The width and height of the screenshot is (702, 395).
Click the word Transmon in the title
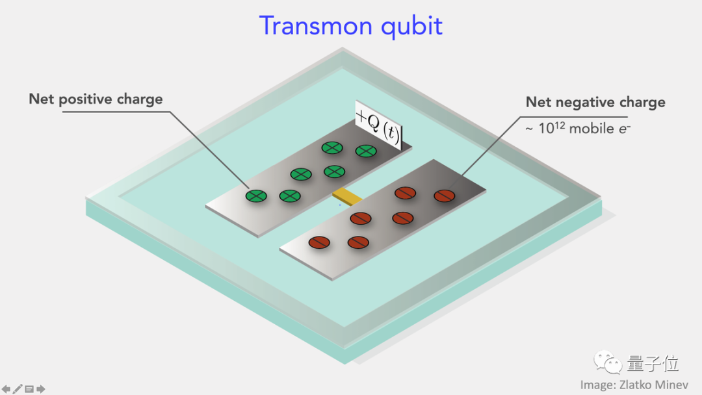pos(310,26)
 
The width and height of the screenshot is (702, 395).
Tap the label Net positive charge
pos(96,99)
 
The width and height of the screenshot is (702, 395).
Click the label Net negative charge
pos(595,102)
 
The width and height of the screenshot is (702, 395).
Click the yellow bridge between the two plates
pos(346,195)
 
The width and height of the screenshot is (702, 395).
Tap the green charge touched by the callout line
pos(256,195)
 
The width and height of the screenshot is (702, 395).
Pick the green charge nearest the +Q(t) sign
pos(366,151)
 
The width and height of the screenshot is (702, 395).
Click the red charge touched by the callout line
pos(445,195)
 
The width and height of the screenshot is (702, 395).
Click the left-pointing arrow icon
pos(6,389)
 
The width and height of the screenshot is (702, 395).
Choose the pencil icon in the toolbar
pos(18,389)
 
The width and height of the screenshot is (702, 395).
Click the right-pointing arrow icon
pos(40,389)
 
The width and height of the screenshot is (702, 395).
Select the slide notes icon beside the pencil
pos(29,389)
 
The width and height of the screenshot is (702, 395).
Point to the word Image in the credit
pos(597,385)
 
